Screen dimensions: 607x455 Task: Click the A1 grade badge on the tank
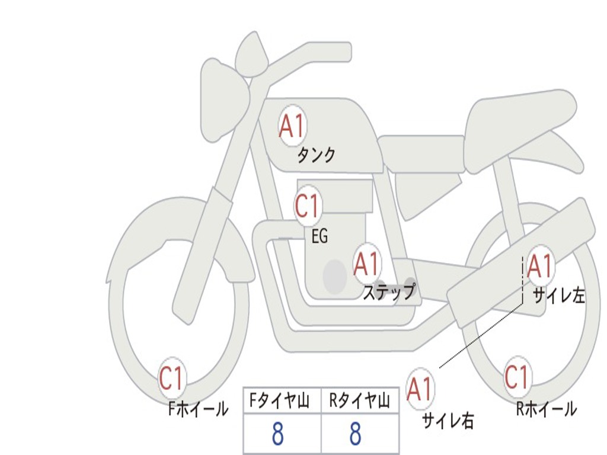point(292,126)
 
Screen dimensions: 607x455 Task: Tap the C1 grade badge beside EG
point(307,206)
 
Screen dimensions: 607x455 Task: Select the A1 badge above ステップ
point(366,264)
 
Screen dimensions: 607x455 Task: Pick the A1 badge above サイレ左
point(539,266)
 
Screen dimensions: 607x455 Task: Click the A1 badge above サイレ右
point(420,389)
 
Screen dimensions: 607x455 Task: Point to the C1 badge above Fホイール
point(172,378)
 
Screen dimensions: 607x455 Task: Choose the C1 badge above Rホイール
point(516,377)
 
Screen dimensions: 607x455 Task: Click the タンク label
point(316,155)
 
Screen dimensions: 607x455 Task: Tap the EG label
point(320,236)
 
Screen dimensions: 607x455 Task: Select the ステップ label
point(389,292)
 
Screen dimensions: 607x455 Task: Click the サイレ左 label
point(558,295)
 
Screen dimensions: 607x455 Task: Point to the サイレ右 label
point(448,420)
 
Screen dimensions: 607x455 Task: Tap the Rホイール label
point(546,409)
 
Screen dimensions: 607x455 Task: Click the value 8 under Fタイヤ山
point(277,434)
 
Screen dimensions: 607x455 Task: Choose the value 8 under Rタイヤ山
point(355,434)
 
